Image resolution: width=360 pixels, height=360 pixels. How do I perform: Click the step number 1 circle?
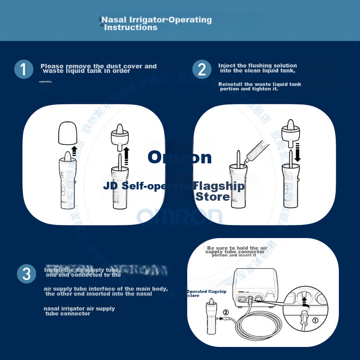pos(23,70)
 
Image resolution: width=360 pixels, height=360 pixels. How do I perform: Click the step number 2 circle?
pos(202,70)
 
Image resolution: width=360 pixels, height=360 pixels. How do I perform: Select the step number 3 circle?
pos(27,274)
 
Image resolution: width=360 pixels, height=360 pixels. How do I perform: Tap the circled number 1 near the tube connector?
pos(315,321)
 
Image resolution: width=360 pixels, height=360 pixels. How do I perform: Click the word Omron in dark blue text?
pos(180,157)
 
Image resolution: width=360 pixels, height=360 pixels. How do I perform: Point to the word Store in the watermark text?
pos(212,197)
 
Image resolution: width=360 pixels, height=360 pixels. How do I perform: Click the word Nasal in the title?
pos(114,20)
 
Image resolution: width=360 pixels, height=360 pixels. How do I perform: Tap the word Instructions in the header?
pos(130,27)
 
